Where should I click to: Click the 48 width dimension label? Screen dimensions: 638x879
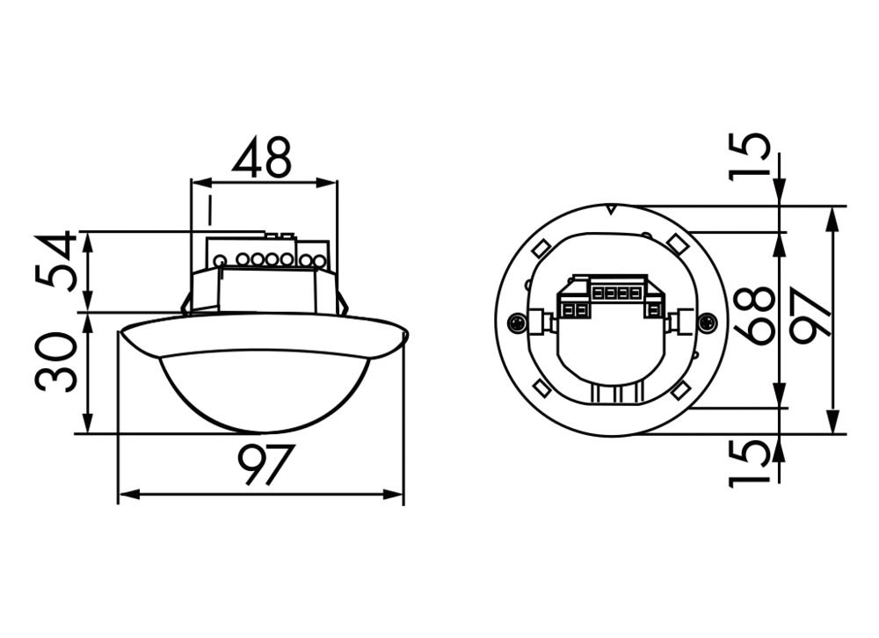261,157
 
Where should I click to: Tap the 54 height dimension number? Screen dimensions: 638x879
58,262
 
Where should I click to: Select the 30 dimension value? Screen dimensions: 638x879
58,361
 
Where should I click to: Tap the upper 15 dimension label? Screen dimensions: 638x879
752,156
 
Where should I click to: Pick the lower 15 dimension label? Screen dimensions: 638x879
752,463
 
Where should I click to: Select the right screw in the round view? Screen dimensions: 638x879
708,323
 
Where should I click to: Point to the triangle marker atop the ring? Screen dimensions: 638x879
611,210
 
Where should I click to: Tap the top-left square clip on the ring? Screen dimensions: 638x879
541,250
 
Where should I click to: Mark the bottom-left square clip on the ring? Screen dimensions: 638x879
542,388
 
